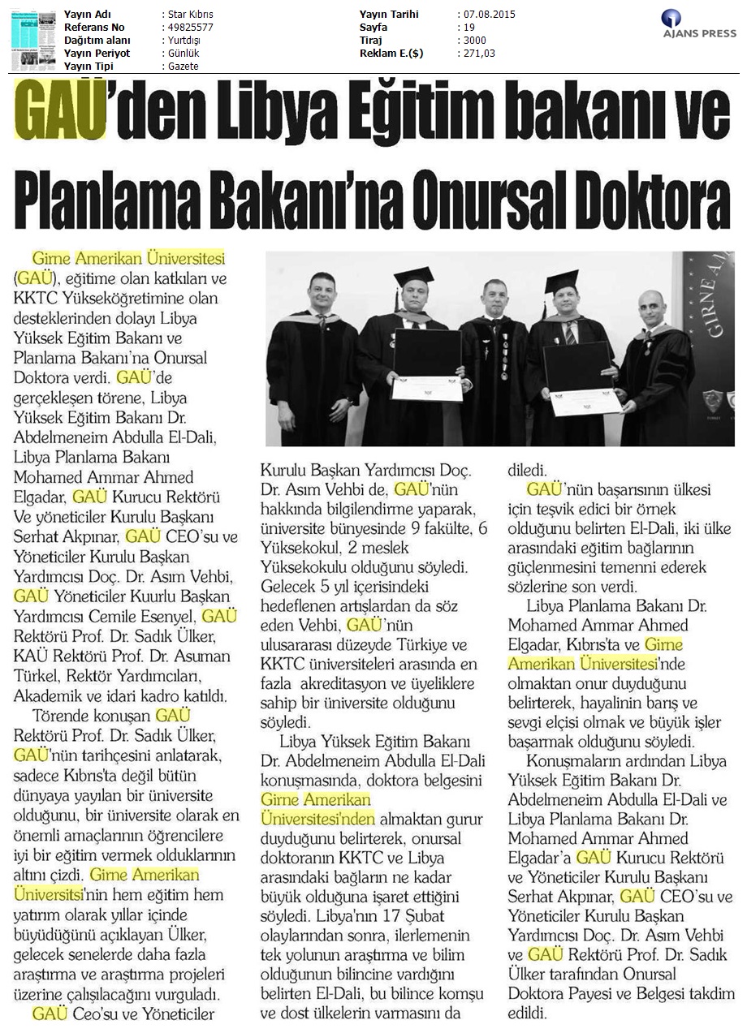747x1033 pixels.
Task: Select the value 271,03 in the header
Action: pyautogui.click(x=478, y=54)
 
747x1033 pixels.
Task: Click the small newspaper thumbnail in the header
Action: pyautogui.click(x=33, y=38)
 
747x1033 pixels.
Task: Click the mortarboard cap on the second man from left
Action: pyautogui.click(x=413, y=277)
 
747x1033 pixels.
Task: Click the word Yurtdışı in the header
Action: pyautogui.click(x=181, y=41)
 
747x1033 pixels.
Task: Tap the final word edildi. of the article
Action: pyautogui.click(x=528, y=1013)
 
